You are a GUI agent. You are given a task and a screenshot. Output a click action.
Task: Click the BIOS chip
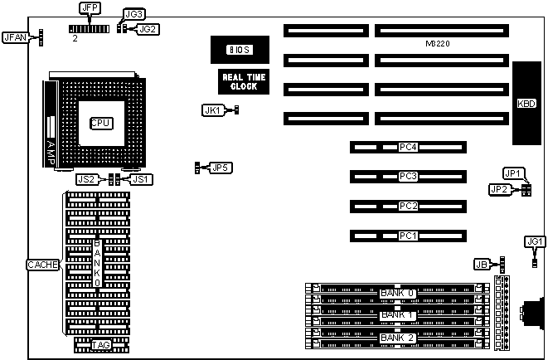tap(239, 50)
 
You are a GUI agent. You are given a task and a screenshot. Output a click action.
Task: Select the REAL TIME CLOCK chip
tap(239, 80)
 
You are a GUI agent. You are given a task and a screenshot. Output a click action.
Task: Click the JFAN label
tap(15, 37)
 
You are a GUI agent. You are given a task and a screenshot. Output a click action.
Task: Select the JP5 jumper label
tap(221, 168)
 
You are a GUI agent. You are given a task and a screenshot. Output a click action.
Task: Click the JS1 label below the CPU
tap(142, 178)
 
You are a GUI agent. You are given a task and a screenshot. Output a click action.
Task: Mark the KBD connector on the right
tap(526, 104)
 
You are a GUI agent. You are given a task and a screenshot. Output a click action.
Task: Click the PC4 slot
tap(407, 148)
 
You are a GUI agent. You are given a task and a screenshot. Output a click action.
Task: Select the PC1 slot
tap(407, 236)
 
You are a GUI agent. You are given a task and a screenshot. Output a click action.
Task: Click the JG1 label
tap(535, 241)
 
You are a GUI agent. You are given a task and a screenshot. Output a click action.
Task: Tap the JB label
tap(480, 265)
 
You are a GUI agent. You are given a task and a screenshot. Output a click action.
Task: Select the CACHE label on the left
tap(42, 265)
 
